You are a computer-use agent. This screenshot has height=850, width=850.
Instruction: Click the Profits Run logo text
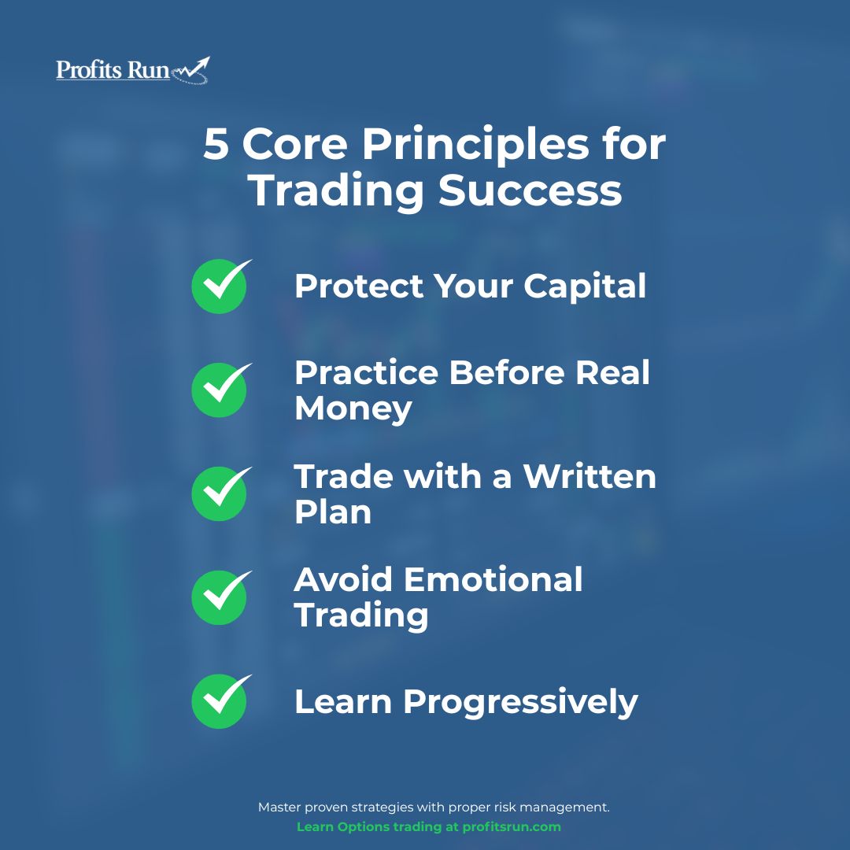click(x=113, y=70)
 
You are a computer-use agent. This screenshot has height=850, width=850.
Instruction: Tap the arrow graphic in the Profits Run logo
click(x=190, y=71)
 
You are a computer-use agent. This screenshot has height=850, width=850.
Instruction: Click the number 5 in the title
click(x=216, y=144)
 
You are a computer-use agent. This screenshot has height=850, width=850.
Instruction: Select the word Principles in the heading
click(x=475, y=146)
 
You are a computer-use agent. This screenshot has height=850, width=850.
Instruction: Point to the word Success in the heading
click(x=530, y=190)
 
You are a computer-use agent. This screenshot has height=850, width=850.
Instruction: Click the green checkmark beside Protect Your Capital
click(x=220, y=286)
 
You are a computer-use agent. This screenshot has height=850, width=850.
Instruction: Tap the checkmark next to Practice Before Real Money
click(x=220, y=390)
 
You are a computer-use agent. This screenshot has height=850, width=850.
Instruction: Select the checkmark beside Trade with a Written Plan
click(x=220, y=493)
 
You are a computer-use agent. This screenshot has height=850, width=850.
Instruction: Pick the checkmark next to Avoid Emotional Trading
click(x=220, y=597)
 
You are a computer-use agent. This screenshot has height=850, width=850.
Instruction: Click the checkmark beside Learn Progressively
click(x=220, y=701)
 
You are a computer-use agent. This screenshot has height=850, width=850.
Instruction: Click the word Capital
click(x=585, y=286)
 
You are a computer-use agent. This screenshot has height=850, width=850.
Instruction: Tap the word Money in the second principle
click(x=353, y=409)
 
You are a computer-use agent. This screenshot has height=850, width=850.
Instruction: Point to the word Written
click(x=589, y=476)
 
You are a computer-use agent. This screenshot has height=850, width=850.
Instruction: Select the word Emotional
click(x=493, y=580)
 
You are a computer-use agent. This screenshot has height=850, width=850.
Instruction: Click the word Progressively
click(x=520, y=703)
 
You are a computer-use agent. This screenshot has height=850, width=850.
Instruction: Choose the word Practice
click(x=367, y=373)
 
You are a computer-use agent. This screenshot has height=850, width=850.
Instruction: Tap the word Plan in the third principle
click(x=333, y=512)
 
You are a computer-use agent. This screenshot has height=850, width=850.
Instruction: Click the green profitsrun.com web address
click(x=512, y=827)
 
